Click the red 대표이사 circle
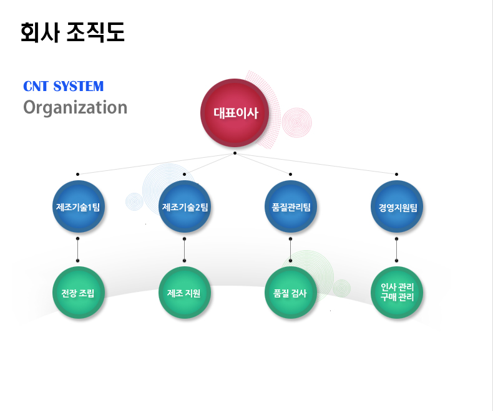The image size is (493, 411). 235,113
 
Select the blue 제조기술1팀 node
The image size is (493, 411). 78,206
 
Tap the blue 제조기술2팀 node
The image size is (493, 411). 185,206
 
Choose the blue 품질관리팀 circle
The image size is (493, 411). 291,206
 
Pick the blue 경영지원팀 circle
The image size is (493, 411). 397,206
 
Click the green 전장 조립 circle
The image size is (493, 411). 78,293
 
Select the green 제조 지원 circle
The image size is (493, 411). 185,293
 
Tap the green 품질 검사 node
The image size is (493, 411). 291,293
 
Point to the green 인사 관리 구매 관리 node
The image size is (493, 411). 397,293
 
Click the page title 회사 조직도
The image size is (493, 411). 72,32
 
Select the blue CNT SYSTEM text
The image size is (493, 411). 63,86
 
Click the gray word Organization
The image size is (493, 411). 75,108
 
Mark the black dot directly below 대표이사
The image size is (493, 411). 235,153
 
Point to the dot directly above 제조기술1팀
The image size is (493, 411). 77,174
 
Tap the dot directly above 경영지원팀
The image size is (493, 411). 396,174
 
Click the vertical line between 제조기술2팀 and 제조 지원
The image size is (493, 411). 184,250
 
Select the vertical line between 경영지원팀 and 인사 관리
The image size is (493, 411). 396,250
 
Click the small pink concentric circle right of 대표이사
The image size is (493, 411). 297,122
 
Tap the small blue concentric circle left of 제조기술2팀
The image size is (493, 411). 135,201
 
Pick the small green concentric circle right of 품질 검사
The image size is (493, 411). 342,288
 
